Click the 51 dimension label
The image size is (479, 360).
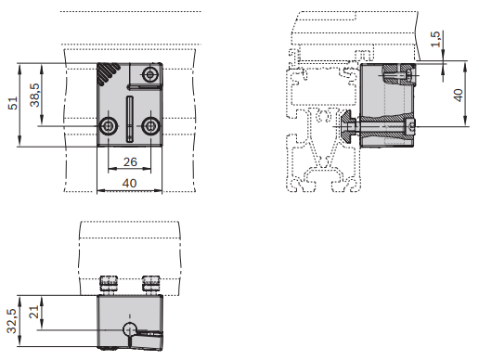[13, 103]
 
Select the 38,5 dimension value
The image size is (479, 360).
[35, 95]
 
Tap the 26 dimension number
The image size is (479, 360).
[130, 161]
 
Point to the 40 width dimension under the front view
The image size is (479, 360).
[129, 183]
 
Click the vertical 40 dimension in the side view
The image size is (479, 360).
[459, 95]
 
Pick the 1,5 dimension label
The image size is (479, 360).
[435, 39]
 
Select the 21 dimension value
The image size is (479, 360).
[35, 312]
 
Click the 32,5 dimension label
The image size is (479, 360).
[12, 321]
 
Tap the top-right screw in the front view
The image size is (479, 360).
[150, 74]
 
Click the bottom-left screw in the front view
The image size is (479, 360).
[108, 126]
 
